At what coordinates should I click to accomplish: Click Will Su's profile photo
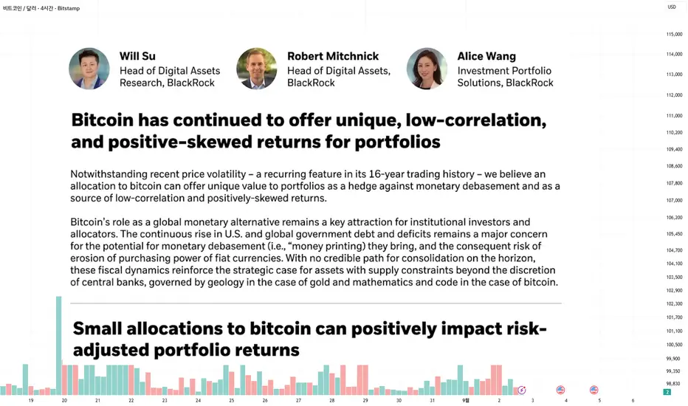pyautogui.click(x=89, y=69)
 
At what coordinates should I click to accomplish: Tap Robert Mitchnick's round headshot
pyautogui.click(x=257, y=69)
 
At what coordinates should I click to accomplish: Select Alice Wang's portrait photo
pyautogui.click(x=427, y=69)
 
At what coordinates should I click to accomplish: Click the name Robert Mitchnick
pyautogui.click(x=333, y=56)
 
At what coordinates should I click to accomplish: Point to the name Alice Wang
pyautogui.click(x=486, y=57)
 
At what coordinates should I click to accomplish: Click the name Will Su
pyautogui.click(x=137, y=56)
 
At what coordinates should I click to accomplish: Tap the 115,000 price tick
pyautogui.click(x=674, y=34)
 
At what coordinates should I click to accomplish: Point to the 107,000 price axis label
pyautogui.click(x=674, y=201)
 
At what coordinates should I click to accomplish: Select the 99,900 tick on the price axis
pyautogui.click(x=672, y=359)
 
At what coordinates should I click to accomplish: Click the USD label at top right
pyautogui.click(x=672, y=7)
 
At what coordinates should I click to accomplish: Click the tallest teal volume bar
pyautogui.click(x=59, y=345)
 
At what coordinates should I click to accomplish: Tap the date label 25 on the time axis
pyautogui.click(x=231, y=400)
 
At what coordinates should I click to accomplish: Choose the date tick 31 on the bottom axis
pyautogui.click(x=432, y=400)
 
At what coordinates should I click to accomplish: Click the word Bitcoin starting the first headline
pyautogui.click(x=102, y=120)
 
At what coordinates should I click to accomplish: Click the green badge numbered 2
pyautogui.click(x=667, y=392)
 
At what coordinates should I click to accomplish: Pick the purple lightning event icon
pyautogui.click(x=522, y=390)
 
